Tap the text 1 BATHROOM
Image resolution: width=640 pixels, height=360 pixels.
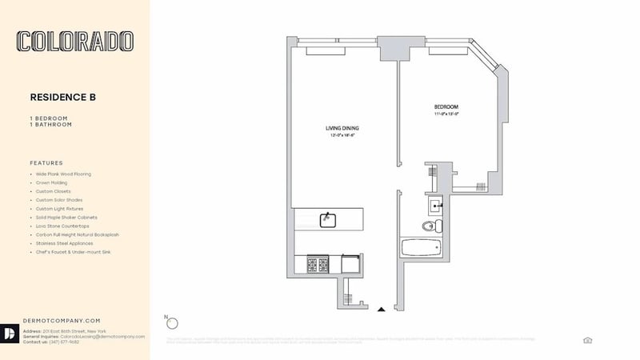[x=50, y=125]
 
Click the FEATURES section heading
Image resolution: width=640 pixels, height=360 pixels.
[x=46, y=162]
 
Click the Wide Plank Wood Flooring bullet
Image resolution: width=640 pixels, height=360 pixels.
[x=63, y=174]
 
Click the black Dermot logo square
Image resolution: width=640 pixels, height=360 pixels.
[x=11, y=334]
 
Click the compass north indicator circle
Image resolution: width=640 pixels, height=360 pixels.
[x=171, y=322]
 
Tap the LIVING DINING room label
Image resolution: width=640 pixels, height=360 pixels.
[x=342, y=128]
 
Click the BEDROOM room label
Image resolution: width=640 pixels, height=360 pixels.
[x=446, y=107]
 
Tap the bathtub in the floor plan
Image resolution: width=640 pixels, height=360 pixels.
[x=422, y=247]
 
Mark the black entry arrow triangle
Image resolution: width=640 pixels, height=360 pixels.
[x=382, y=308]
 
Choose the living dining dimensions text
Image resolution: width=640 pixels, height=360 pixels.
[x=342, y=136]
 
